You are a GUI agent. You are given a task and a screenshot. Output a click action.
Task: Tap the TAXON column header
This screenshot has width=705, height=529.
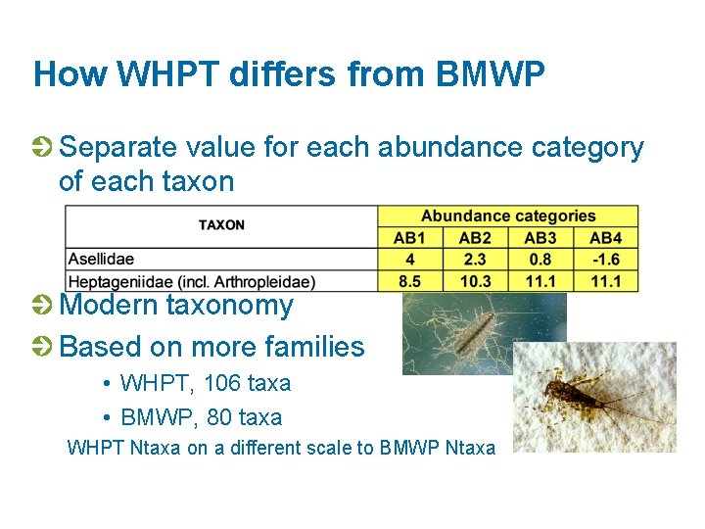pos(221,225)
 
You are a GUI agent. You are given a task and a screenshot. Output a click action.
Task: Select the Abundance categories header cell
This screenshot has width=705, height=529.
pos(508,216)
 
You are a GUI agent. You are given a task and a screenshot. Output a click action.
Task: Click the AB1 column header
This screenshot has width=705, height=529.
pos(410,237)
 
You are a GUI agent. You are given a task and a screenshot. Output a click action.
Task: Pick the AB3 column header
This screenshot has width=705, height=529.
pos(540,237)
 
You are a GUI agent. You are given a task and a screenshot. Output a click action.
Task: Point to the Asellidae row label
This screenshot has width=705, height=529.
pos(101,260)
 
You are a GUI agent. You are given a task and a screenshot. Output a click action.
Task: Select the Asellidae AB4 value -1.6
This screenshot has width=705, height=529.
pos(605,260)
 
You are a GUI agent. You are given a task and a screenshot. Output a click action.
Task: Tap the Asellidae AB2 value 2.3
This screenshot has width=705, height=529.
pos(475,260)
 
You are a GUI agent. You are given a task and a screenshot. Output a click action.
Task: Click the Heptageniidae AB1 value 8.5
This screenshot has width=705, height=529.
pos(410,282)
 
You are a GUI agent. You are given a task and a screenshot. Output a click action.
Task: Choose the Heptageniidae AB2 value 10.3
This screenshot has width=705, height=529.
pos(475,282)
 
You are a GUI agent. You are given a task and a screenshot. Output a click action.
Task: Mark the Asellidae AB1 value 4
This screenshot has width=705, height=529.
pos(410,260)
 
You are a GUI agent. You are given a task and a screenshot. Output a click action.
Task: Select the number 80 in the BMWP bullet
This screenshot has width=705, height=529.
pos(220,417)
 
